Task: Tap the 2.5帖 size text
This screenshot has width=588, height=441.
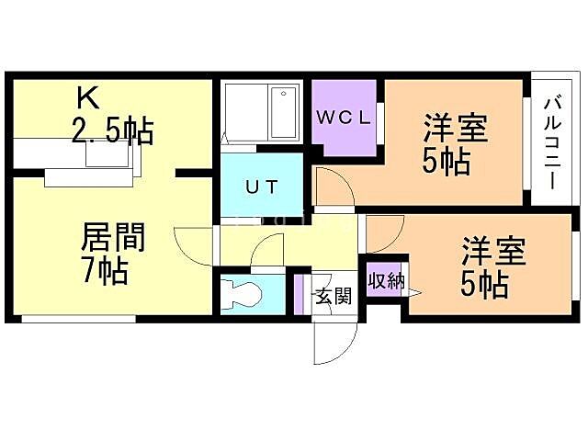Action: pos(112,130)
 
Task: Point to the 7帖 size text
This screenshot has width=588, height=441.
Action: pos(104,272)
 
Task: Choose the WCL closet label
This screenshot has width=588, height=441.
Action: pos(345,117)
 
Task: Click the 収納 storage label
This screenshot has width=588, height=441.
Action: pos(386,280)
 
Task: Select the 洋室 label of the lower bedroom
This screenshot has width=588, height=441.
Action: pos(492,251)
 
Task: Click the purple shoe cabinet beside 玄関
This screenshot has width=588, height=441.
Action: pos(299,294)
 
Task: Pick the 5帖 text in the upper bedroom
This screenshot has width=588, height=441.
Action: pos(447,161)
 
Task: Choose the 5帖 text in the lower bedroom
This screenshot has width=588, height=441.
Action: pos(484,284)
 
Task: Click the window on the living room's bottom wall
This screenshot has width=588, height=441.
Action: pos(78,319)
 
